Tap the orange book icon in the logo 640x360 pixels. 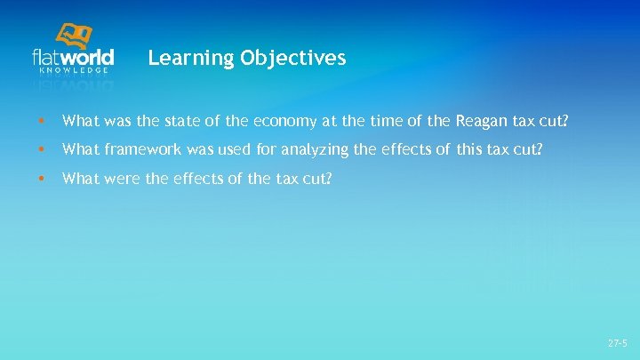pos(76,36)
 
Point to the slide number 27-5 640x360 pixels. pos(617,342)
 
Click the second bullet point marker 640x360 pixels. pos(40,150)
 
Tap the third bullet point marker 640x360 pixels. pos(40,179)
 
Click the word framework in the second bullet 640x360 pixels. pos(139,149)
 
